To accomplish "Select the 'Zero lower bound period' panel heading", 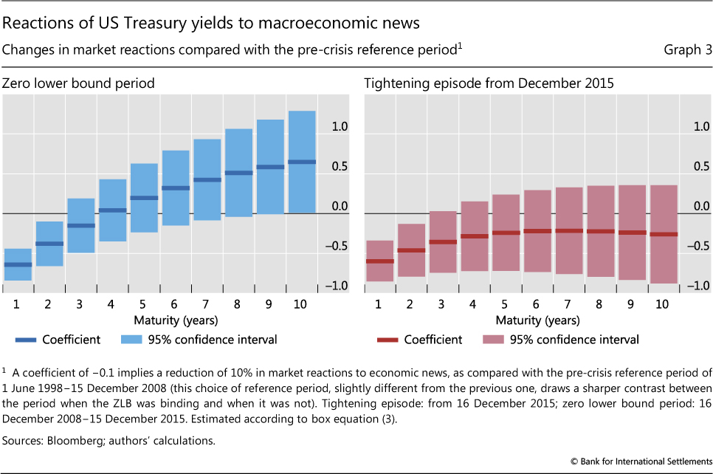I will point(79,83).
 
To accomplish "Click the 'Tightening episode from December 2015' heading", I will point(489,83).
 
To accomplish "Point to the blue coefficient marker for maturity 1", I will point(18,264).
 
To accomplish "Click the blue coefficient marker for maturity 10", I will point(302,162).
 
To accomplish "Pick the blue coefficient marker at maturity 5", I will point(144,198).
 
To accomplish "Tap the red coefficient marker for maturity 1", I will point(379,261).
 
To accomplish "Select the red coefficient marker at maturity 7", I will point(568,231).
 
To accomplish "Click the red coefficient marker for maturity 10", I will point(663,234).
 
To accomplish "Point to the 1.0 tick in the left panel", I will point(339,127).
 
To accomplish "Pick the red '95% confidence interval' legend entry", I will point(576,340).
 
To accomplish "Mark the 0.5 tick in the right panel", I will point(700,167).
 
